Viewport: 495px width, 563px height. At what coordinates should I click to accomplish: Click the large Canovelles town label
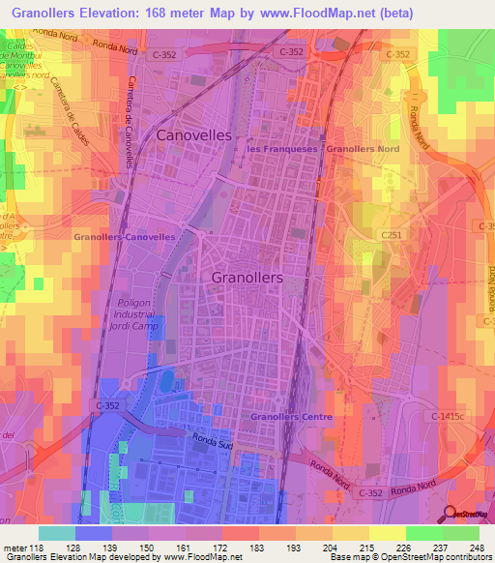(x=194, y=135)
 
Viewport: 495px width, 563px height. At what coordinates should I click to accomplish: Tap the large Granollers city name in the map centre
(x=247, y=277)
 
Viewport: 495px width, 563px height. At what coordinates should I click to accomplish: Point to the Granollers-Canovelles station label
(x=125, y=236)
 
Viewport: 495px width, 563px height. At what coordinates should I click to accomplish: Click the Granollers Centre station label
(x=291, y=417)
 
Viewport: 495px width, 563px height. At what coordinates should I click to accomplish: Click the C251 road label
(x=391, y=235)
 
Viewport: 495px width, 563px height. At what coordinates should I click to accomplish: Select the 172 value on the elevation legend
(x=229, y=547)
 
